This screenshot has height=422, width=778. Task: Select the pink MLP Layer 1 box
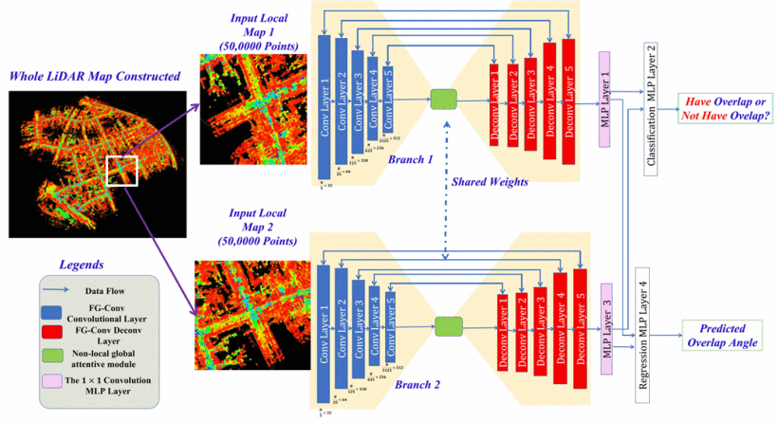[x=604, y=94]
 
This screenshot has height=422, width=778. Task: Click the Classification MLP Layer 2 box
[x=651, y=104]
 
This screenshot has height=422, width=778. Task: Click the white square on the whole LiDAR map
[x=123, y=173]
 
